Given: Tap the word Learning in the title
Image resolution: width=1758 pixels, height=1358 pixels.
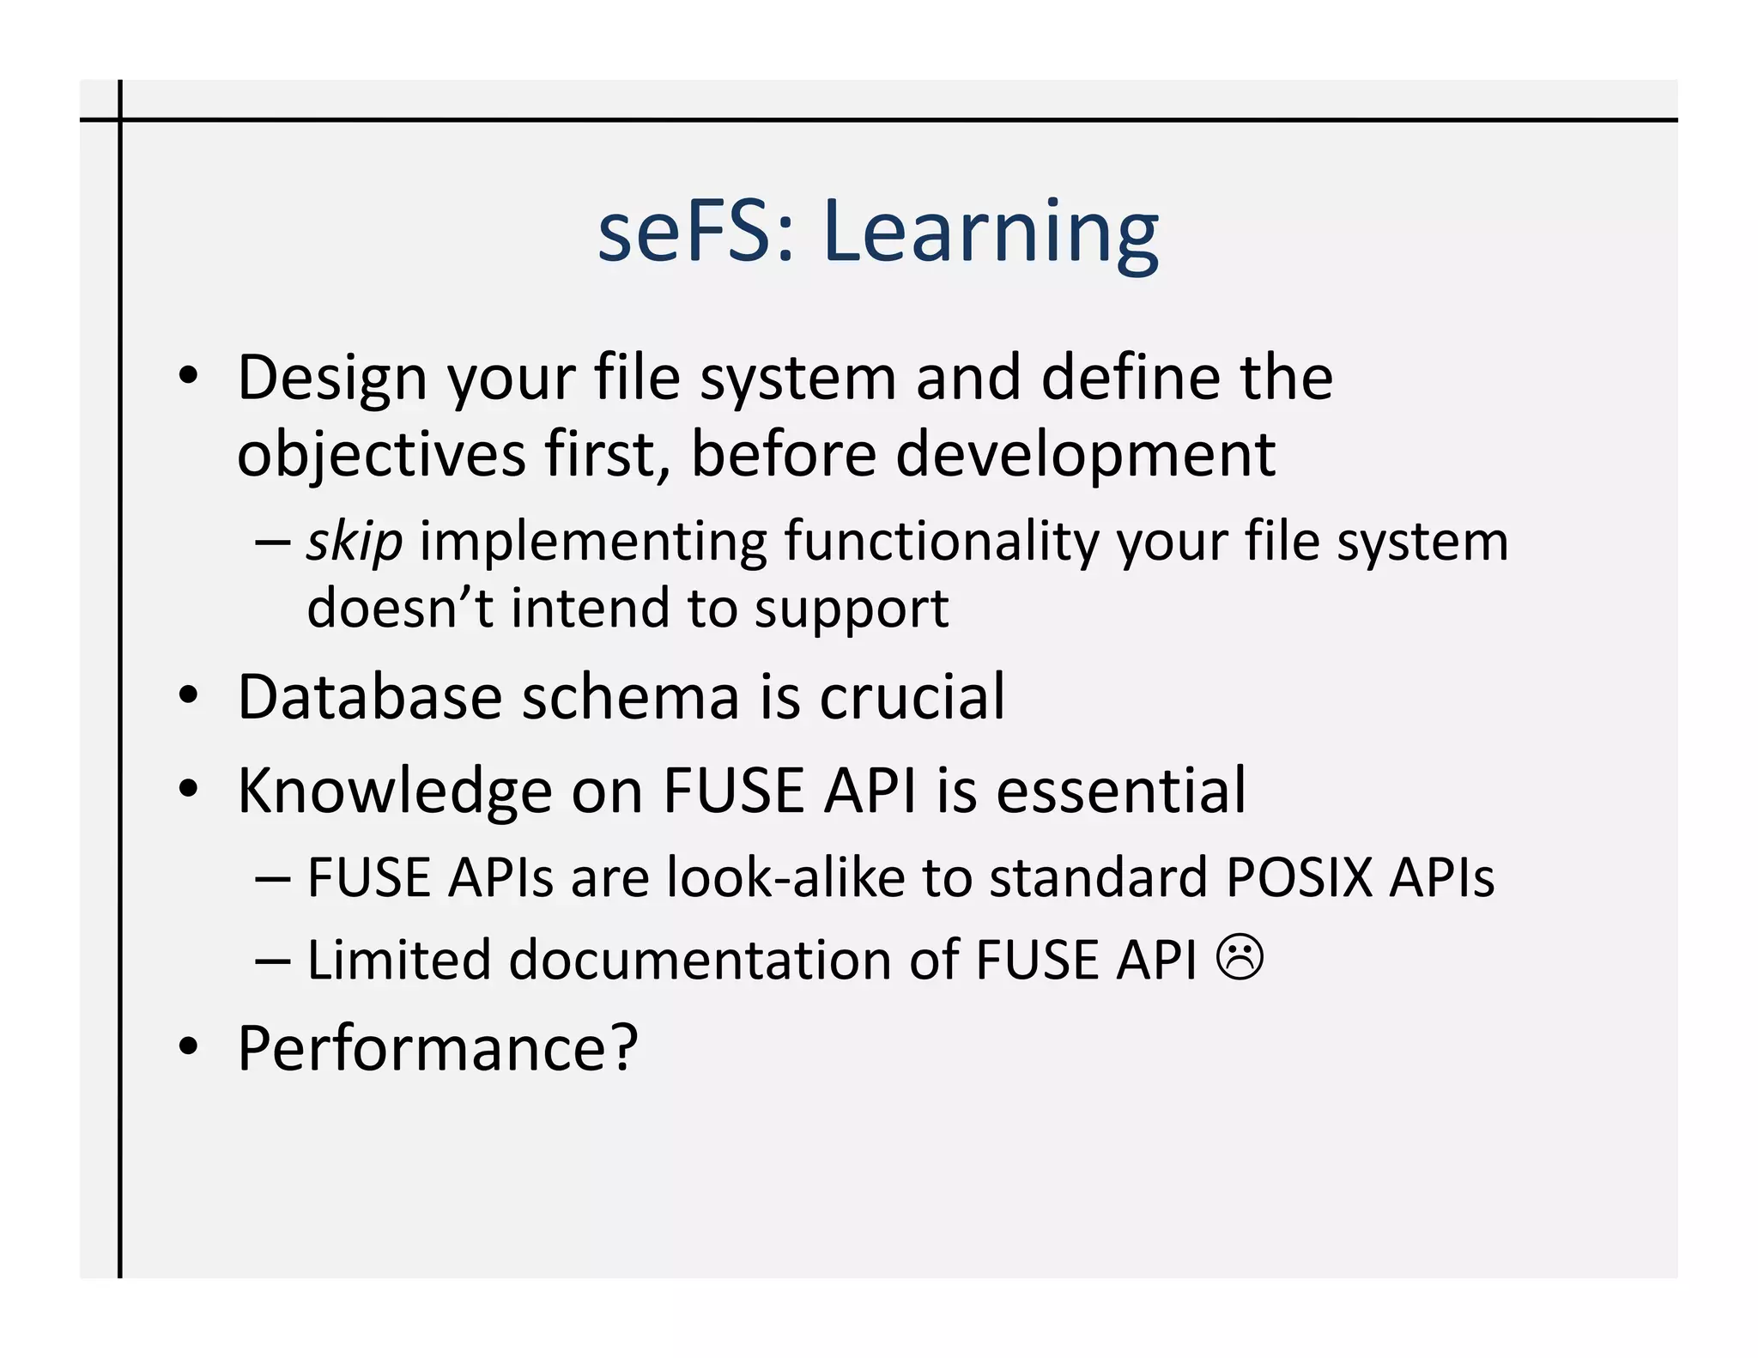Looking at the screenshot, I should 991,233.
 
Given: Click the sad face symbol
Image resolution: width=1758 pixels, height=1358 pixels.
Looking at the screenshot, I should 1240,958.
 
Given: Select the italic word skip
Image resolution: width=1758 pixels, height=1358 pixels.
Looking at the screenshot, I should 355,543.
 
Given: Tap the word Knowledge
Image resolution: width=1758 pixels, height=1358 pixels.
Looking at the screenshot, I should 394,791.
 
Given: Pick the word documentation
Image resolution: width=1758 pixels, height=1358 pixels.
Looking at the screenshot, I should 700,959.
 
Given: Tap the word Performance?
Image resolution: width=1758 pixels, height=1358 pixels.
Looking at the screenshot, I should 438,1049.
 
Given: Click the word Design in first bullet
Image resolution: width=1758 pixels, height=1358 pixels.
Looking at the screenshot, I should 331,378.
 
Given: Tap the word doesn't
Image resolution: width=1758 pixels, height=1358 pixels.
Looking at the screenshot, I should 400,608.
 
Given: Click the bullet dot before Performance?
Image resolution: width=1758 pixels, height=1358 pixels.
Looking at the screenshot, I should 188,1047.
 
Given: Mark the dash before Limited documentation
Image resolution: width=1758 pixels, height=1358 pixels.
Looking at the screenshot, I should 273,961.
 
